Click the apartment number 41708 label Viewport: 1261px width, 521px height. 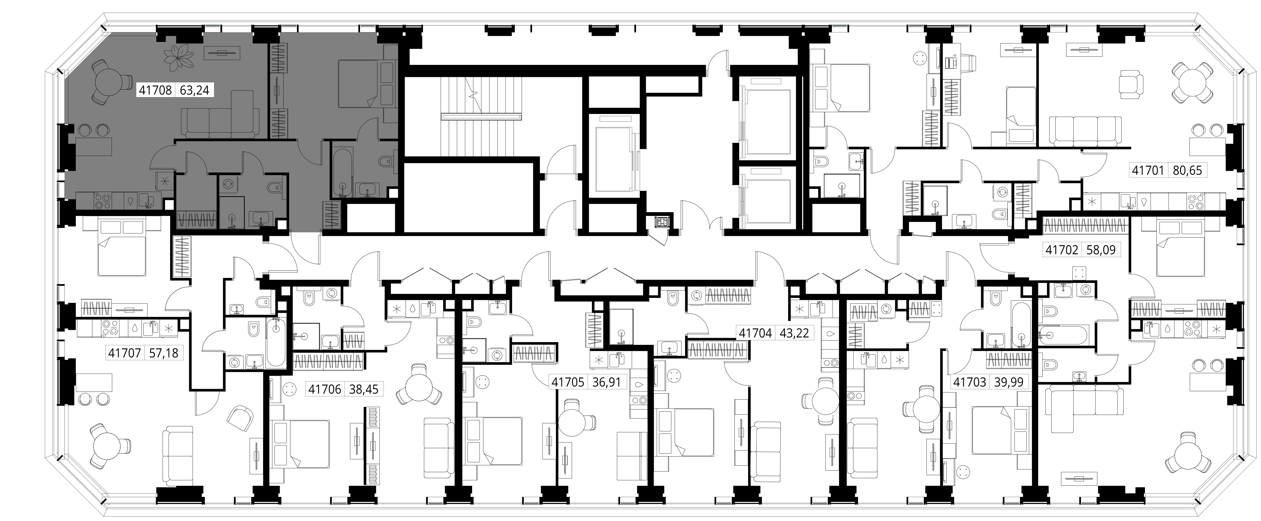pos(155,90)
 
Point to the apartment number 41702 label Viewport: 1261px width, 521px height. pos(1062,250)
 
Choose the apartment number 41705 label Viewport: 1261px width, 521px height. pos(568,382)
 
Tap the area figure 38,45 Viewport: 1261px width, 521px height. pos(364,389)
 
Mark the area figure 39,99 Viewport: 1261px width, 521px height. pos(1009,382)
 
